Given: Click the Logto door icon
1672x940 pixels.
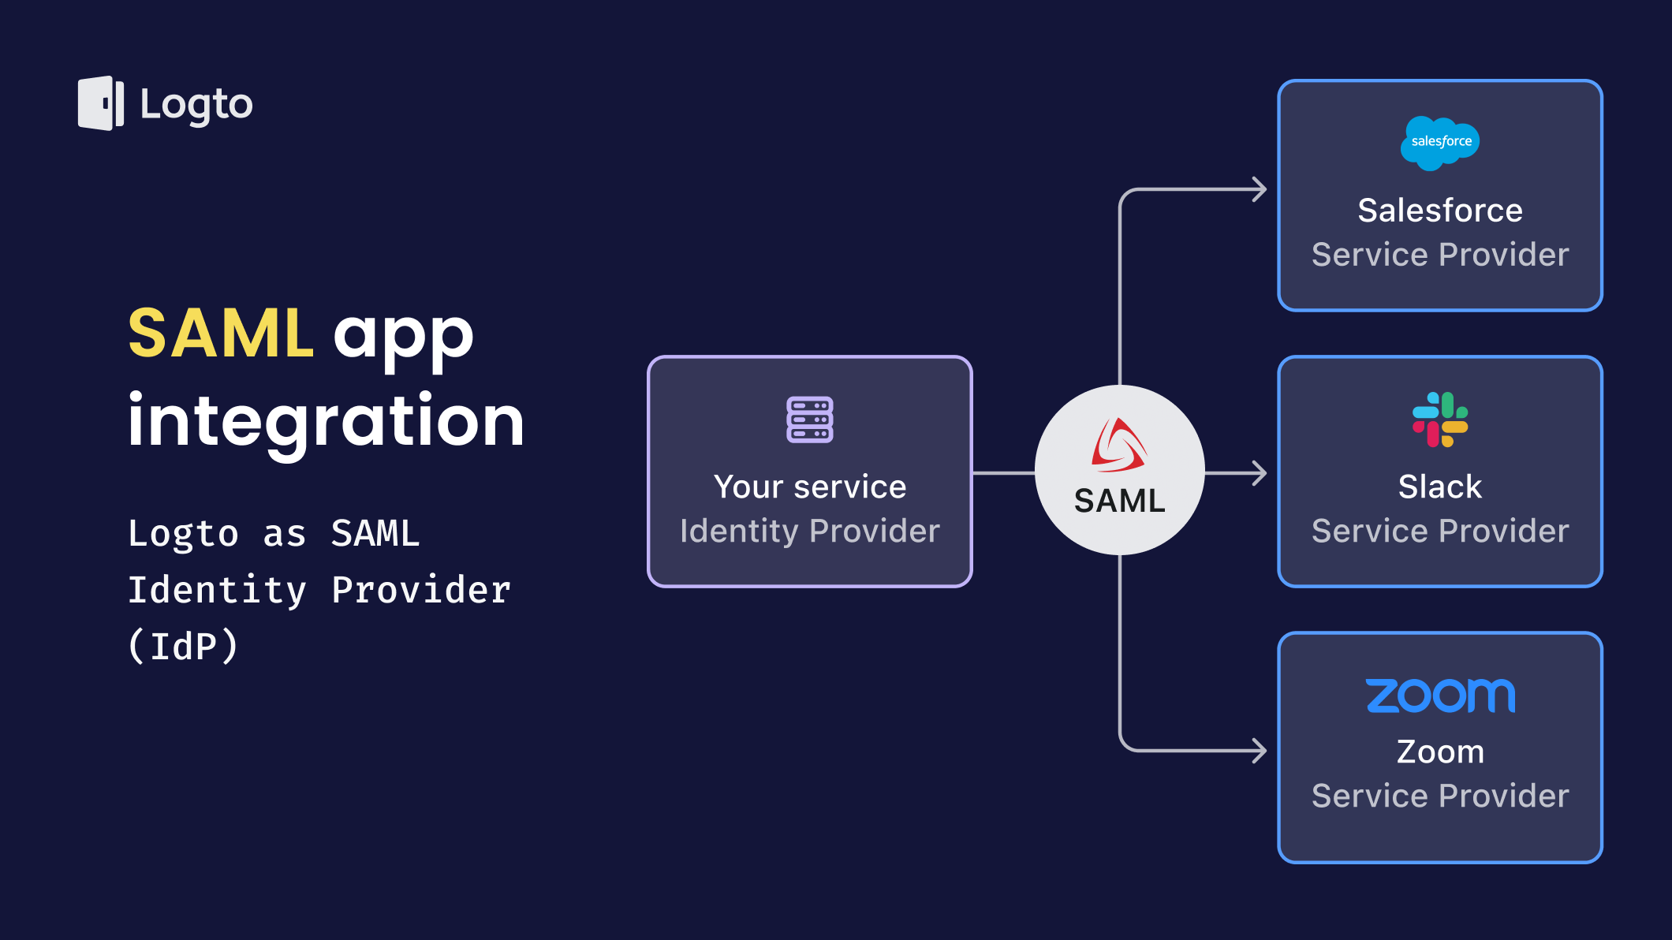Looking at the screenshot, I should click(x=101, y=103).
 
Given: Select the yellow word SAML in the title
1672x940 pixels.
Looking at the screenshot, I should click(x=221, y=334).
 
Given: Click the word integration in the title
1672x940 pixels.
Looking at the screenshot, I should click(x=326, y=421).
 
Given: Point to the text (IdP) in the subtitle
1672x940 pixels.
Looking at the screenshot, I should click(x=183, y=647).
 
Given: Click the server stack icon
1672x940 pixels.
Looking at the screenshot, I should click(x=809, y=420).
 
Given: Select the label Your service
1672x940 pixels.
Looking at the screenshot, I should click(x=809, y=487).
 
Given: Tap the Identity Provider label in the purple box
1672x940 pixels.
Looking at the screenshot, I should click(x=809, y=531).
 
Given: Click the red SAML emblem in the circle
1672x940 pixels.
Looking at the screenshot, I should click(x=1118, y=446).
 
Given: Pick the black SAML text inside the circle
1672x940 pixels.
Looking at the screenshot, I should click(x=1119, y=501).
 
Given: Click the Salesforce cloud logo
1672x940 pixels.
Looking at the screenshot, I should click(x=1440, y=143).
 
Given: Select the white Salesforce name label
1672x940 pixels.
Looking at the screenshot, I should click(x=1440, y=211).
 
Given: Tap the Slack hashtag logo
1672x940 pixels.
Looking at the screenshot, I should click(x=1440, y=420).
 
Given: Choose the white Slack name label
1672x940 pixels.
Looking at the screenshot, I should click(x=1440, y=487).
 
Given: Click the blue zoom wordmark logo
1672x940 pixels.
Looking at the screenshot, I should click(x=1440, y=696).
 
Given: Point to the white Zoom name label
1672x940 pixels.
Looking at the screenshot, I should click(x=1440, y=752).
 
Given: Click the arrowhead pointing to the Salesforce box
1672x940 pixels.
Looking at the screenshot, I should click(x=1260, y=189).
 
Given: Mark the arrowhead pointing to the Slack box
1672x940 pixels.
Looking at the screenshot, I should click(x=1260, y=473).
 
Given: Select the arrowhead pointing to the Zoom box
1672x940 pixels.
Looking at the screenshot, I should click(x=1260, y=750).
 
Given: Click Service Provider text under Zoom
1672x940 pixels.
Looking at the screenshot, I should click(x=1440, y=796).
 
